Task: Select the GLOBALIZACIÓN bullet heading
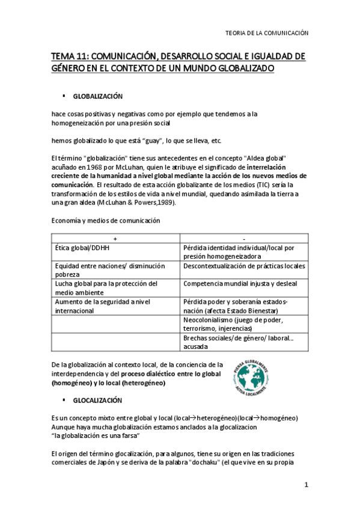pos(97,96)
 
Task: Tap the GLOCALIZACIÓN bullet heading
pos(97,400)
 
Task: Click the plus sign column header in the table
pos(115,238)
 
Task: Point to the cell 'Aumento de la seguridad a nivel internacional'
pos(102,306)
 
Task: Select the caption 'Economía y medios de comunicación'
pos(106,220)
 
